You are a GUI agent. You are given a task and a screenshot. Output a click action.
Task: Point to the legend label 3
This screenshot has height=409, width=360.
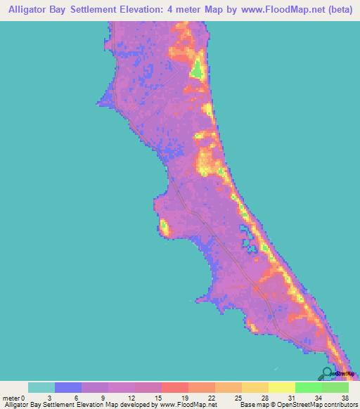(55, 398)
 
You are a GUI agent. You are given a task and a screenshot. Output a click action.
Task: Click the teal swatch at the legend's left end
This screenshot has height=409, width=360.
(41, 387)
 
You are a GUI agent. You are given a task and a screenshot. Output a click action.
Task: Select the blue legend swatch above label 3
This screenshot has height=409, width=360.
(68, 387)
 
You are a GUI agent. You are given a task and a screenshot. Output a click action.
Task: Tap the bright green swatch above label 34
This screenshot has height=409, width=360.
(308, 387)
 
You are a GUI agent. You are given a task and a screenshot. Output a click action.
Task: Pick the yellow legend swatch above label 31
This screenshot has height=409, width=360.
(281, 387)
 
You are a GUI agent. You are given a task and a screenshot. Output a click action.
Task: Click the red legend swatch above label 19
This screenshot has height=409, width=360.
(175, 387)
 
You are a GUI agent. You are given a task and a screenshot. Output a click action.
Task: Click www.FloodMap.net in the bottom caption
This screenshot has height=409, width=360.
(189, 405)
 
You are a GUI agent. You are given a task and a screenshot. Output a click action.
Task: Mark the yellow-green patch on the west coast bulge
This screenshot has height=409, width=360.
(164, 227)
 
